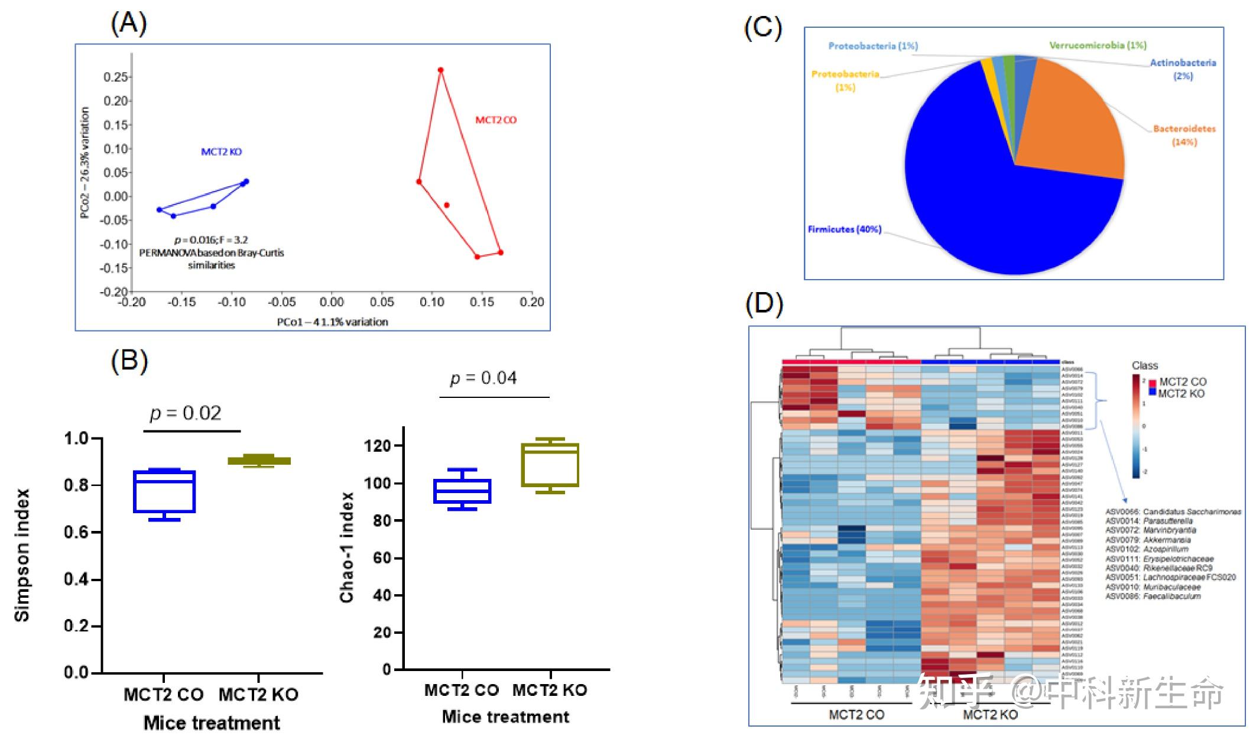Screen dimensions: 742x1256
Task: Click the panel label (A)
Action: [x=128, y=24]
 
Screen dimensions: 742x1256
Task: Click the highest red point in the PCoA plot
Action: [x=440, y=70]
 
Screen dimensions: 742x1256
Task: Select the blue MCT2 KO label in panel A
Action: [x=221, y=152]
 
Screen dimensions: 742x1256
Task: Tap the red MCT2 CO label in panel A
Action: [x=496, y=120]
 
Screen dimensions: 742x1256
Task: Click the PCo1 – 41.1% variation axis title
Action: [x=332, y=322]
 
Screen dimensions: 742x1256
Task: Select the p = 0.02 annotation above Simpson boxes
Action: [x=186, y=413]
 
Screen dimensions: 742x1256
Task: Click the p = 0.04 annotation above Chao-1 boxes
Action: [x=483, y=378]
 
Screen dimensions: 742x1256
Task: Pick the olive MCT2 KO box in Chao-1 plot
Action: [x=550, y=465]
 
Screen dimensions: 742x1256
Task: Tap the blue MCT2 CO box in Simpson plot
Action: [x=164, y=491]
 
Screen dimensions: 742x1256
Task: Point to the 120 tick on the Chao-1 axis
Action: [x=378, y=446]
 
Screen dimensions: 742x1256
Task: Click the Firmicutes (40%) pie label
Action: [x=844, y=229]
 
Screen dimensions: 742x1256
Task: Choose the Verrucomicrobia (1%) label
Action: [x=1098, y=46]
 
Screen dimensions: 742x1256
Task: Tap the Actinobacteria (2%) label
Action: [x=1183, y=69]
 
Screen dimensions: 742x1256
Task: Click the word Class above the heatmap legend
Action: [x=1144, y=365]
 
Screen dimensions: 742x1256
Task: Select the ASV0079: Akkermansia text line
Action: [x=1148, y=540]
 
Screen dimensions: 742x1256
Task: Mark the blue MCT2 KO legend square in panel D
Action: [x=1152, y=391]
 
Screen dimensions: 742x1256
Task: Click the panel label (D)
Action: [x=764, y=304]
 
